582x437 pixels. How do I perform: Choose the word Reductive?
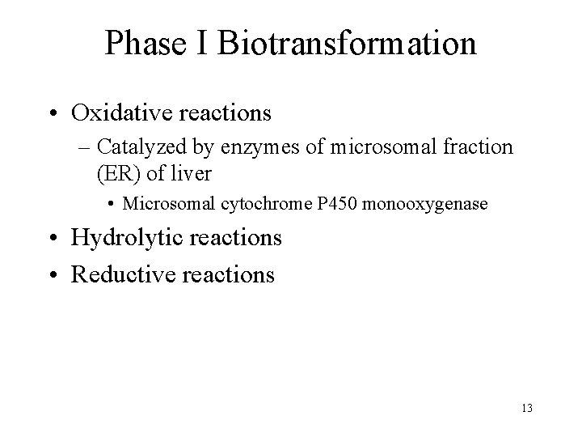pos(121,274)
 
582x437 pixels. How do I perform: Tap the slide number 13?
pos(527,408)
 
